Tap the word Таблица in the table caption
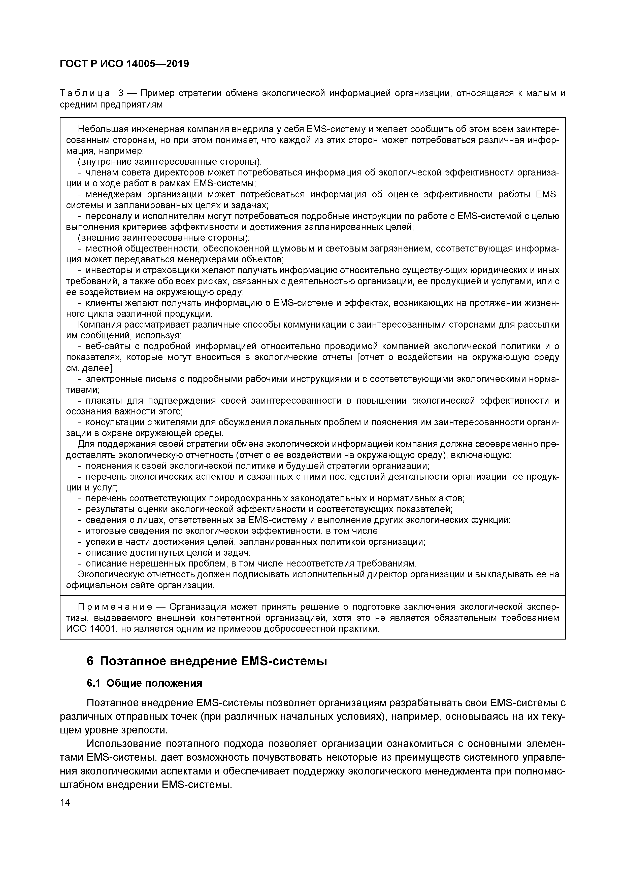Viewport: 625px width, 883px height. pyautogui.click(x=85, y=93)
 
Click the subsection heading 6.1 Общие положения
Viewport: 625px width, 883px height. pyautogui.click(x=144, y=683)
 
